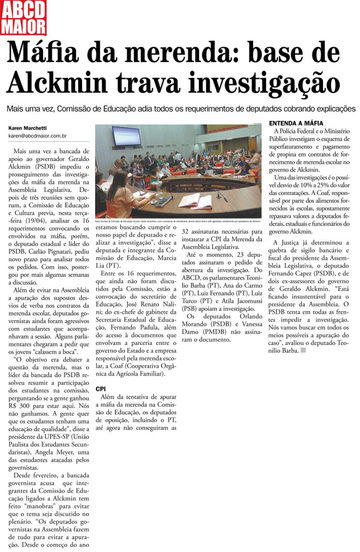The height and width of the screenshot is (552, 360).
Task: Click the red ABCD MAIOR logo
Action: [23, 17]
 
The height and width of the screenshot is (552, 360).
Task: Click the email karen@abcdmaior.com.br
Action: [38, 136]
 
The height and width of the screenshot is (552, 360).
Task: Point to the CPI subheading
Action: [100, 389]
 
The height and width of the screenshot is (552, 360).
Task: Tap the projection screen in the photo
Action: [126, 135]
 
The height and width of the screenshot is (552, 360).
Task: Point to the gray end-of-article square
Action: [303, 351]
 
